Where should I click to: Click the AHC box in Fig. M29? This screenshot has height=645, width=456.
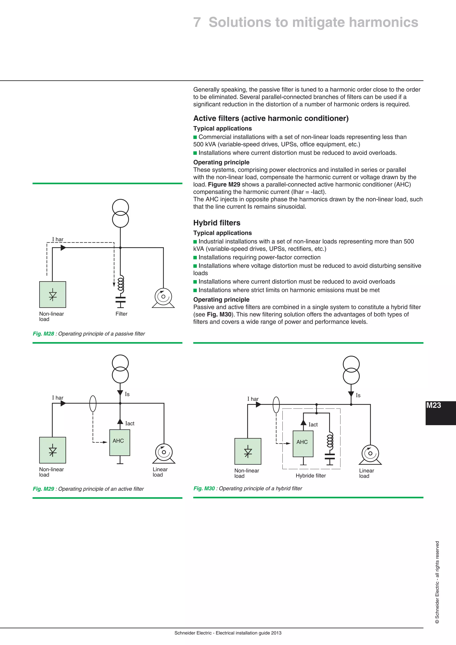point(120,443)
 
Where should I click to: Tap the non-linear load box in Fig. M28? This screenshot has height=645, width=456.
point(53,294)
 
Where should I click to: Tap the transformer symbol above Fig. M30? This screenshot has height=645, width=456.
point(351,370)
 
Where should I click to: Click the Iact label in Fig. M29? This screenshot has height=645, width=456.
point(130,423)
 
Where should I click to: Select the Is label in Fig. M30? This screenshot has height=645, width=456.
point(358,395)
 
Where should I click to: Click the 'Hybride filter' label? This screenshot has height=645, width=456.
point(311,476)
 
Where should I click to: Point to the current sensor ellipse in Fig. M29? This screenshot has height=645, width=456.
point(93,403)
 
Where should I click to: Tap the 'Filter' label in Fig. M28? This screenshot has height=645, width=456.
point(121,314)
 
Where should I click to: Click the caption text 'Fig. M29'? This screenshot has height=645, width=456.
point(43,489)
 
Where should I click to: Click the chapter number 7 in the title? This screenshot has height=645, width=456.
point(197,22)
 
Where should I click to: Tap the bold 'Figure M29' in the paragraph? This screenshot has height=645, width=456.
point(224,185)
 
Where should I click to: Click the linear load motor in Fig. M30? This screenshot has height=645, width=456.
point(370,454)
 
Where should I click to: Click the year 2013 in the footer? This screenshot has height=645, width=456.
point(276,633)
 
